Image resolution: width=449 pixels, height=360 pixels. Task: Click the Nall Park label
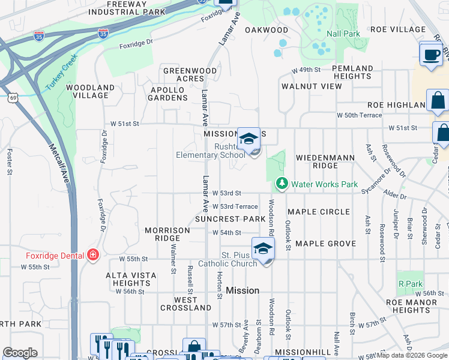[x=343, y=34]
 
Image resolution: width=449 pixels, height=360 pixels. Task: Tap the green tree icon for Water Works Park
[x=280, y=183]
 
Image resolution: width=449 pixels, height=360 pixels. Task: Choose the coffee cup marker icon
[x=430, y=55]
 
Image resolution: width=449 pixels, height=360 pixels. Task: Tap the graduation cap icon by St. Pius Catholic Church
[x=263, y=248]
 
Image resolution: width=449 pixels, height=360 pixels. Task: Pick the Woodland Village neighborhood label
[x=90, y=91]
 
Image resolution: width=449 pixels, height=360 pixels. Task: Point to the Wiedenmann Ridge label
[x=325, y=161]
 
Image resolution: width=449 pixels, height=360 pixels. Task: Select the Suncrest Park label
[x=230, y=219]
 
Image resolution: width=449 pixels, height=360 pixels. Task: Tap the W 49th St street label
[x=306, y=70]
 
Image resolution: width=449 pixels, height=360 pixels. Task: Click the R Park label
[x=410, y=283]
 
